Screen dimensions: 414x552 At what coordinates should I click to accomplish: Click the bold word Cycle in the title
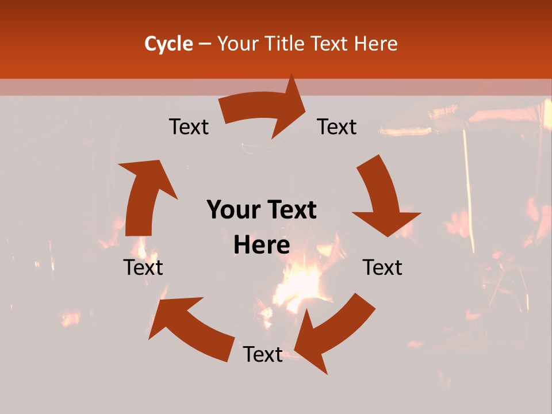tap(168, 44)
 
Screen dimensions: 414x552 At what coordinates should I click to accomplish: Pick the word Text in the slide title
tap(331, 44)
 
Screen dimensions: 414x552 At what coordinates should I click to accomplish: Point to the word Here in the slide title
tap(377, 44)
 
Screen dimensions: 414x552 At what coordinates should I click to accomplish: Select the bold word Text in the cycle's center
tap(290, 210)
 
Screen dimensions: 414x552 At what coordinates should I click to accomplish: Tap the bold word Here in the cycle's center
tap(262, 246)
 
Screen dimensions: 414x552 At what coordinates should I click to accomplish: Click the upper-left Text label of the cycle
tap(189, 127)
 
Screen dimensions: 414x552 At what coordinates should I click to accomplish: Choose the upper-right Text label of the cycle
tap(337, 127)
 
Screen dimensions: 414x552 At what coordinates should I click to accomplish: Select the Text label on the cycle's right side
tap(382, 267)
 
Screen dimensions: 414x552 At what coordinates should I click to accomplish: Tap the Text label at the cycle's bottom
tap(263, 354)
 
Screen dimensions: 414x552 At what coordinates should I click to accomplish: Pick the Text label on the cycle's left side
tap(143, 267)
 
